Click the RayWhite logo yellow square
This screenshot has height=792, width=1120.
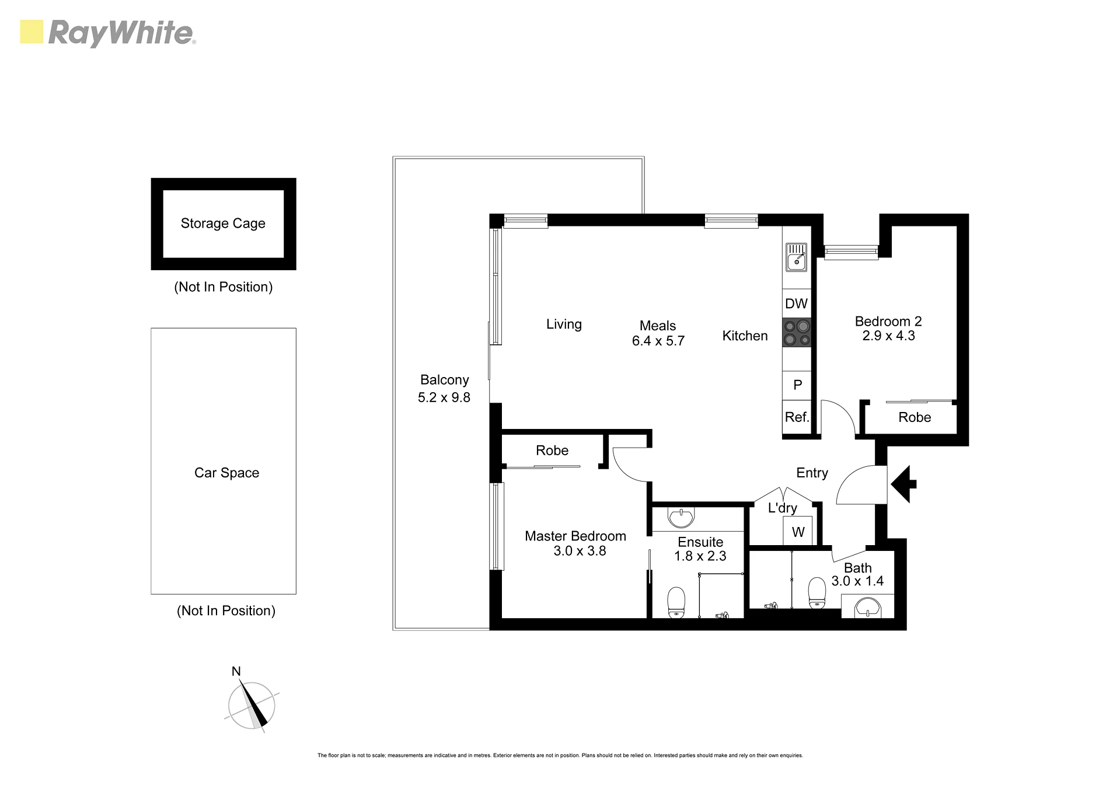tap(32, 32)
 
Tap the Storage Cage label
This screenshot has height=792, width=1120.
tap(223, 224)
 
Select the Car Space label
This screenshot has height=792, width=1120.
tap(226, 473)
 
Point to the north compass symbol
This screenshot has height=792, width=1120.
tap(252, 703)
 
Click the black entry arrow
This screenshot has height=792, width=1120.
tap(904, 484)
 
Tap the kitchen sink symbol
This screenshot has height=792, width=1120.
tap(796, 257)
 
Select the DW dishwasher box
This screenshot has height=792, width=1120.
tap(797, 303)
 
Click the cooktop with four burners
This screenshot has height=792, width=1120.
tap(797, 333)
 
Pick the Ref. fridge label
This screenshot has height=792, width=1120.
tap(797, 417)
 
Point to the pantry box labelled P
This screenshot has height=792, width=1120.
tap(797, 385)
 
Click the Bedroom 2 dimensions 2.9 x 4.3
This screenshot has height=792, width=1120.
tap(888, 336)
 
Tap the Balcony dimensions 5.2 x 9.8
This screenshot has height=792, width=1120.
tap(444, 397)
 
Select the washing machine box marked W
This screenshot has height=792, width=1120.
tap(798, 531)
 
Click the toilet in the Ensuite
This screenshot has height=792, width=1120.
tap(676, 602)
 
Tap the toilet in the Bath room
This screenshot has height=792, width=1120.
tap(817, 593)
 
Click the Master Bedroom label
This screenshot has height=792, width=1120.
tap(575, 536)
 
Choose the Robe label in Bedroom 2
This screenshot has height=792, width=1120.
tap(915, 417)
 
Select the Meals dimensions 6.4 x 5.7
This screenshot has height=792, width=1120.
tap(658, 341)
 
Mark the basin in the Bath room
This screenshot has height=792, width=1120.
tap(868, 607)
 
